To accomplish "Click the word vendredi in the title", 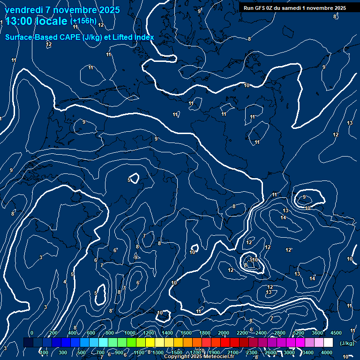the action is coord(23,10).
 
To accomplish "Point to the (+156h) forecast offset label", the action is coord(83,21).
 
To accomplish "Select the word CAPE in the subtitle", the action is coord(70,37).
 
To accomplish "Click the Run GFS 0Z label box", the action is coord(294,8).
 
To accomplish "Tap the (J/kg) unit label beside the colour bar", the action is coord(347,344).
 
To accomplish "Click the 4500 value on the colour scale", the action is coord(336,333).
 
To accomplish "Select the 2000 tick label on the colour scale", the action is coord(224,333).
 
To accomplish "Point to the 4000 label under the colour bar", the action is coord(327,352).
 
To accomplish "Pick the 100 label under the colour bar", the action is coord(45,352).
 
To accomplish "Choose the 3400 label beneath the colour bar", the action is coord(308,352).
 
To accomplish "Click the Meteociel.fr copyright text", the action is coord(199,357).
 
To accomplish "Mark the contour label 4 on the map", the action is coord(65,282).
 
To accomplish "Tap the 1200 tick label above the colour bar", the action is coord(149,333).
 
